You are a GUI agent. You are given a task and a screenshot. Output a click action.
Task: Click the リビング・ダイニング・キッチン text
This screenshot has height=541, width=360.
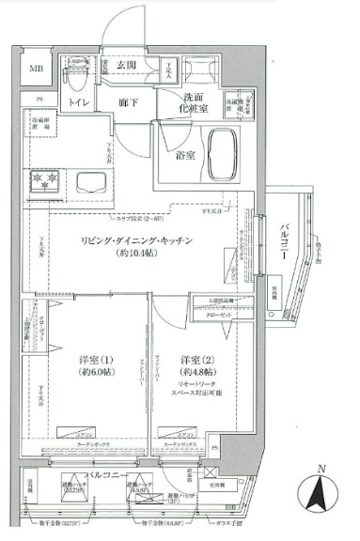click(150, 241)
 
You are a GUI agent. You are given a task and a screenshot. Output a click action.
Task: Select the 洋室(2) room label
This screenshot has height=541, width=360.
click(197, 360)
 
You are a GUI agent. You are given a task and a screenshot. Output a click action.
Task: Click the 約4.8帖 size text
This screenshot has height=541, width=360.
click(197, 373)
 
